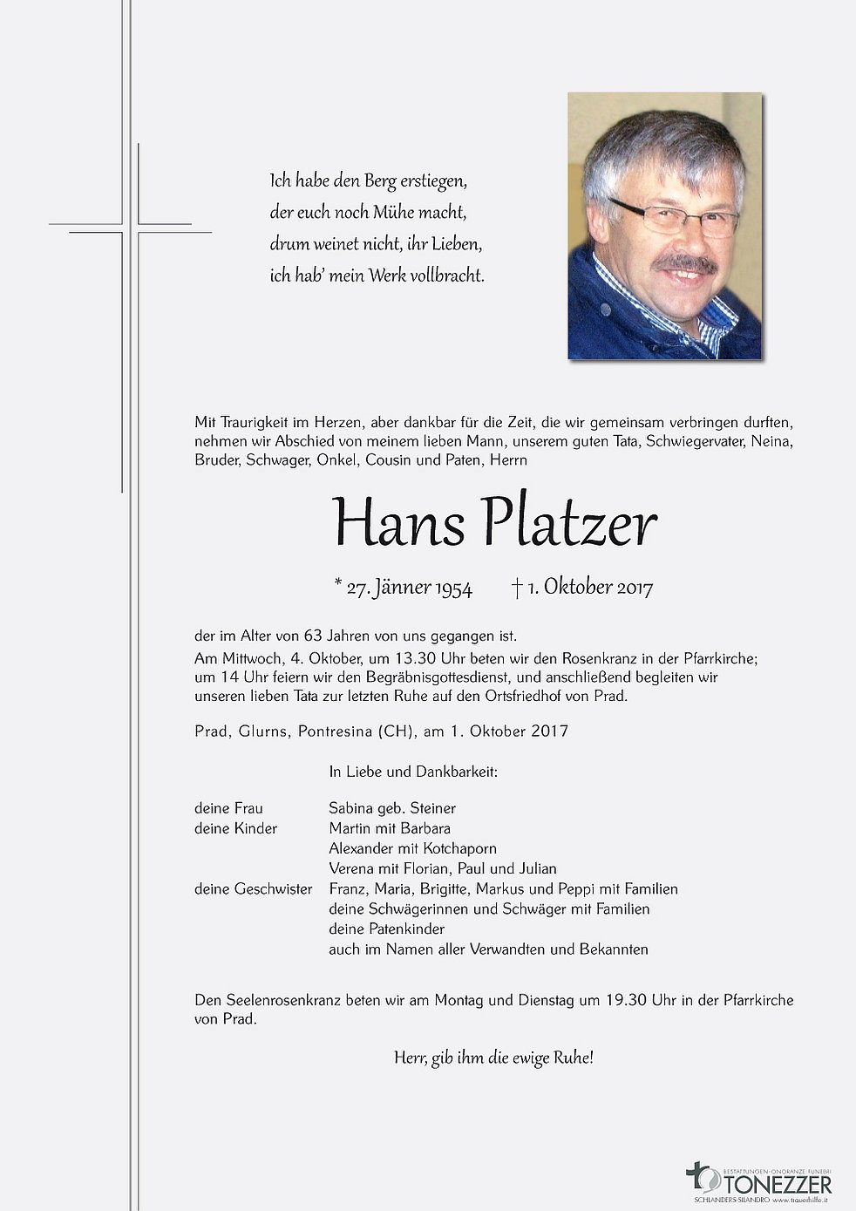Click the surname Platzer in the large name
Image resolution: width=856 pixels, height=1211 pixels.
(x=568, y=523)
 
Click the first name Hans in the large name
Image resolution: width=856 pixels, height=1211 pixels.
(x=398, y=523)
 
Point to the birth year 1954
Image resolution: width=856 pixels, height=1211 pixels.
(x=453, y=588)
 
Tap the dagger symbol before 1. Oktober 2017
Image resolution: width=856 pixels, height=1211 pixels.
(x=517, y=588)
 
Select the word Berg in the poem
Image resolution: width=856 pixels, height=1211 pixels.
(x=380, y=181)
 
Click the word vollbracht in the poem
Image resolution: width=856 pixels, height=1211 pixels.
(x=445, y=276)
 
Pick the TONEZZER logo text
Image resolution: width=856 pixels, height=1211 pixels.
(x=777, y=1183)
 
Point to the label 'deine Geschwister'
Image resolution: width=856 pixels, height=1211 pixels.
(x=253, y=888)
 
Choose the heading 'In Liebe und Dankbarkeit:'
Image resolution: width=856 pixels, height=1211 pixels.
(x=412, y=772)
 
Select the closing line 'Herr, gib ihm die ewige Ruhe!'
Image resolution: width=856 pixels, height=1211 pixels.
(x=493, y=1058)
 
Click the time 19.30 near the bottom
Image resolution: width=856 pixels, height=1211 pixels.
(x=624, y=1000)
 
